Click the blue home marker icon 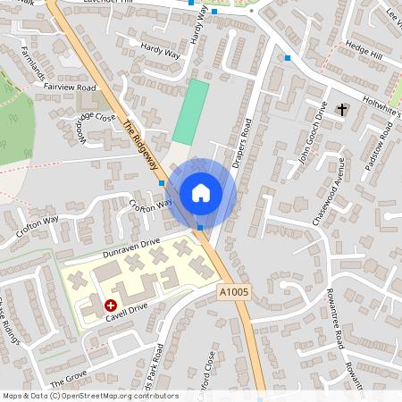[x=201, y=193]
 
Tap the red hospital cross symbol [x=111, y=305]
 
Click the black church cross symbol [x=342, y=109]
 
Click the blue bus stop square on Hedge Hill [x=288, y=58]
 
